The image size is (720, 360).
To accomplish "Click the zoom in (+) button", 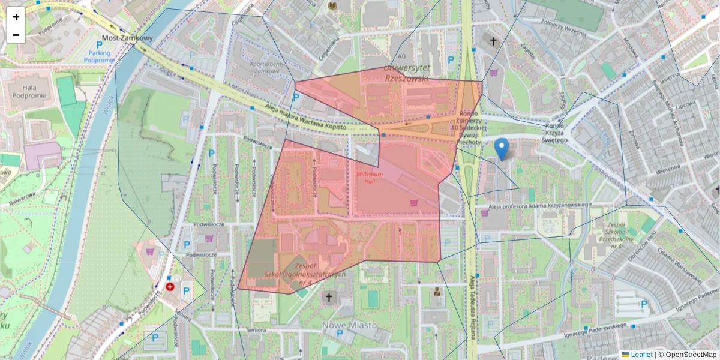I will click(16, 17).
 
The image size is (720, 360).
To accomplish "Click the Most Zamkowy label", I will click(128, 38).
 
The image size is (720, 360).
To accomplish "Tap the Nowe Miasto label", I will click(350, 325).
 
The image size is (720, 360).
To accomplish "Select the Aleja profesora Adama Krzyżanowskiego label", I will click(540, 205).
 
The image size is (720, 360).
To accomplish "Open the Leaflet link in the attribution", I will click(641, 355).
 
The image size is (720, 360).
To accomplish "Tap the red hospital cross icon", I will click(170, 287).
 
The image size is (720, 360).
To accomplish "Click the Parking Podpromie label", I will click(100, 56).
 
